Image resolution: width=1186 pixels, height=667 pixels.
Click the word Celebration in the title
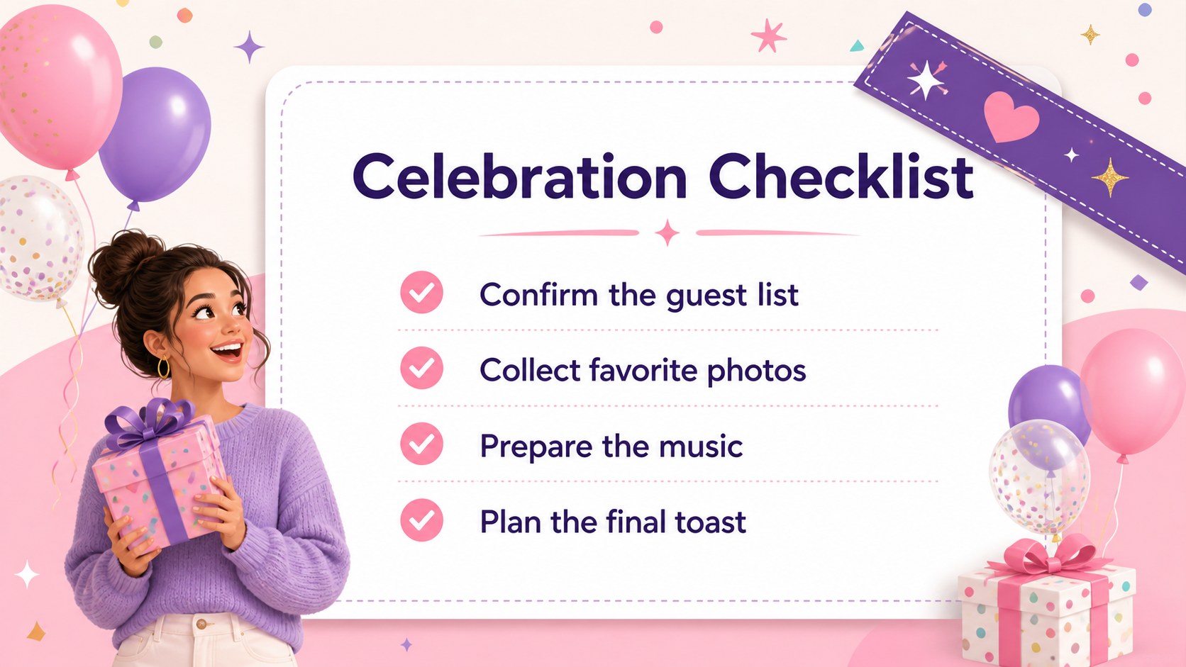[519, 176]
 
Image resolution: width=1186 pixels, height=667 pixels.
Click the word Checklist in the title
[841, 176]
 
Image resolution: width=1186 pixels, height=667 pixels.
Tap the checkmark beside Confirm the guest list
[421, 293]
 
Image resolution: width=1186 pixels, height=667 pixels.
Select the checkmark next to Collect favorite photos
[421, 368]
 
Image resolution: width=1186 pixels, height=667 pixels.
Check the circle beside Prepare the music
[421, 444]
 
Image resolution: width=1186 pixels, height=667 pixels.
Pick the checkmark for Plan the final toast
[421, 520]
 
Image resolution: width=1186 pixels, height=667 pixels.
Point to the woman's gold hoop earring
[164, 367]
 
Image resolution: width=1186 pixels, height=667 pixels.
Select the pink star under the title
[667, 232]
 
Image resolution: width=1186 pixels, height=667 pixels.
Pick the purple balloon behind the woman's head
[155, 135]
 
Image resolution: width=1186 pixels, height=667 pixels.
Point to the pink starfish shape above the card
[768, 35]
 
